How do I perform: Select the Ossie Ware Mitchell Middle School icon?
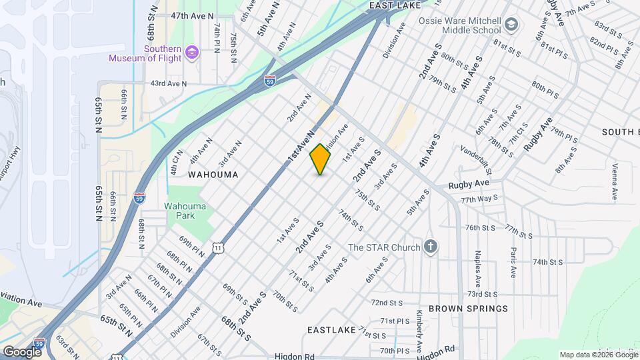[511, 25]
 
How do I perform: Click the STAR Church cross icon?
[431, 247]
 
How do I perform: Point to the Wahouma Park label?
[185, 211]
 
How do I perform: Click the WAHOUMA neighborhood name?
[213, 174]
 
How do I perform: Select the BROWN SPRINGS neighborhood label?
[468, 309]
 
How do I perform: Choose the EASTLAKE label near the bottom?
[329, 330]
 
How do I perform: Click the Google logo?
[21, 351]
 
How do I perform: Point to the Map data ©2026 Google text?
[598, 355]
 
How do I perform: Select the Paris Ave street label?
[513, 263]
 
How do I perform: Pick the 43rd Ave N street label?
[169, 83]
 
